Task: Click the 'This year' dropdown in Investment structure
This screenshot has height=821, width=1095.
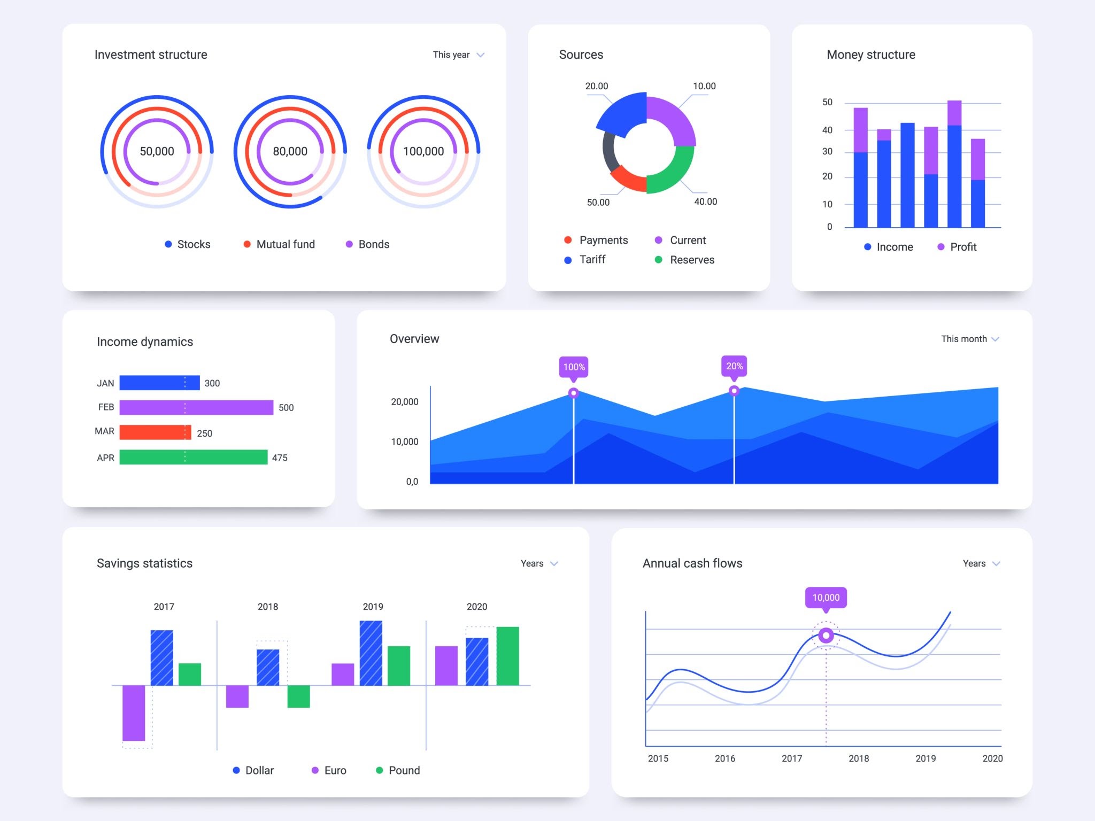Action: pyautogui.click(x=458, y=55)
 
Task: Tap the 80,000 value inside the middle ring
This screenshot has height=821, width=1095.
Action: pyautogui.click(x=290, y=151)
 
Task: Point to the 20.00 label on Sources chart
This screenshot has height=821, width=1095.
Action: pyautogui.click(x=596, y=86)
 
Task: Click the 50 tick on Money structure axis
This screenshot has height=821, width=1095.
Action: pyautogui.click(x=827, y=102)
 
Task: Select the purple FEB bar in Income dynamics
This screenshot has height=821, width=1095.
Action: pyautogui.click(x=196, y=407)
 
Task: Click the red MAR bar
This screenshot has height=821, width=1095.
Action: pyautogui.click(x=155, y=432)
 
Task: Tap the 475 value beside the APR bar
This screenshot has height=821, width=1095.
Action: pyautogui.click(x=280, y=458)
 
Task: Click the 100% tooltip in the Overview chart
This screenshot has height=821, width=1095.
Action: pyautogui.click(x=574, y=367)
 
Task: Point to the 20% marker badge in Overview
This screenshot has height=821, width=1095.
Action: pyautogui.click(x=734, y=366)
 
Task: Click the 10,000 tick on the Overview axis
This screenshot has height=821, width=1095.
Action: pyautogui.click(x=405, y=442)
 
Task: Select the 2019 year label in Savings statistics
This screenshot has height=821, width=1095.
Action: pyautogui.click(x=373, y=607)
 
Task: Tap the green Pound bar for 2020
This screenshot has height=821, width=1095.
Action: pyautogui.click(x=507, y=656)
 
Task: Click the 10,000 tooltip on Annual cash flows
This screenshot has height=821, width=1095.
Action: pyautogui.click(x=826, y=598)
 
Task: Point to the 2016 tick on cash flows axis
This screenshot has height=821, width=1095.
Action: pyautogui.click(x=725, y=758)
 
